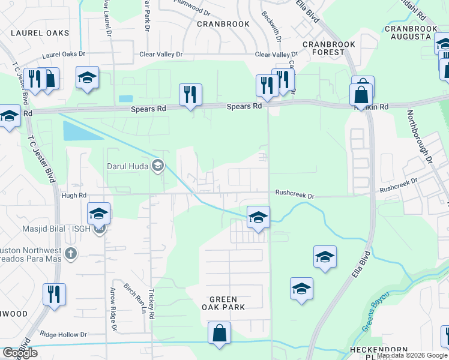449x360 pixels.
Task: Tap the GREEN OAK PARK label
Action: (x=228, y=303)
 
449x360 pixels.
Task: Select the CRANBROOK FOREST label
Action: (x=329, y=48)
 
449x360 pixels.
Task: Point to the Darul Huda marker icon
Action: (x=158, y=166)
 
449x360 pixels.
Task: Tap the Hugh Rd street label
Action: (x=74, y=195)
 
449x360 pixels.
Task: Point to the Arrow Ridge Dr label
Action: (x=112, y=308)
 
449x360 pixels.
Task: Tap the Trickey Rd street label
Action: (x=152, y=306)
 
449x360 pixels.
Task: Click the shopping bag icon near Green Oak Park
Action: (x=219, y=333)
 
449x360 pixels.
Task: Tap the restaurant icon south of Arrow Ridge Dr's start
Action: (x=54, y=295)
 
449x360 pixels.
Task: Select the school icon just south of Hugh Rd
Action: (x=99, y=214)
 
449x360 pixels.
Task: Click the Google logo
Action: (x=20, y=353)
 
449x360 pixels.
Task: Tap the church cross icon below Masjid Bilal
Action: (x=71, y=253)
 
